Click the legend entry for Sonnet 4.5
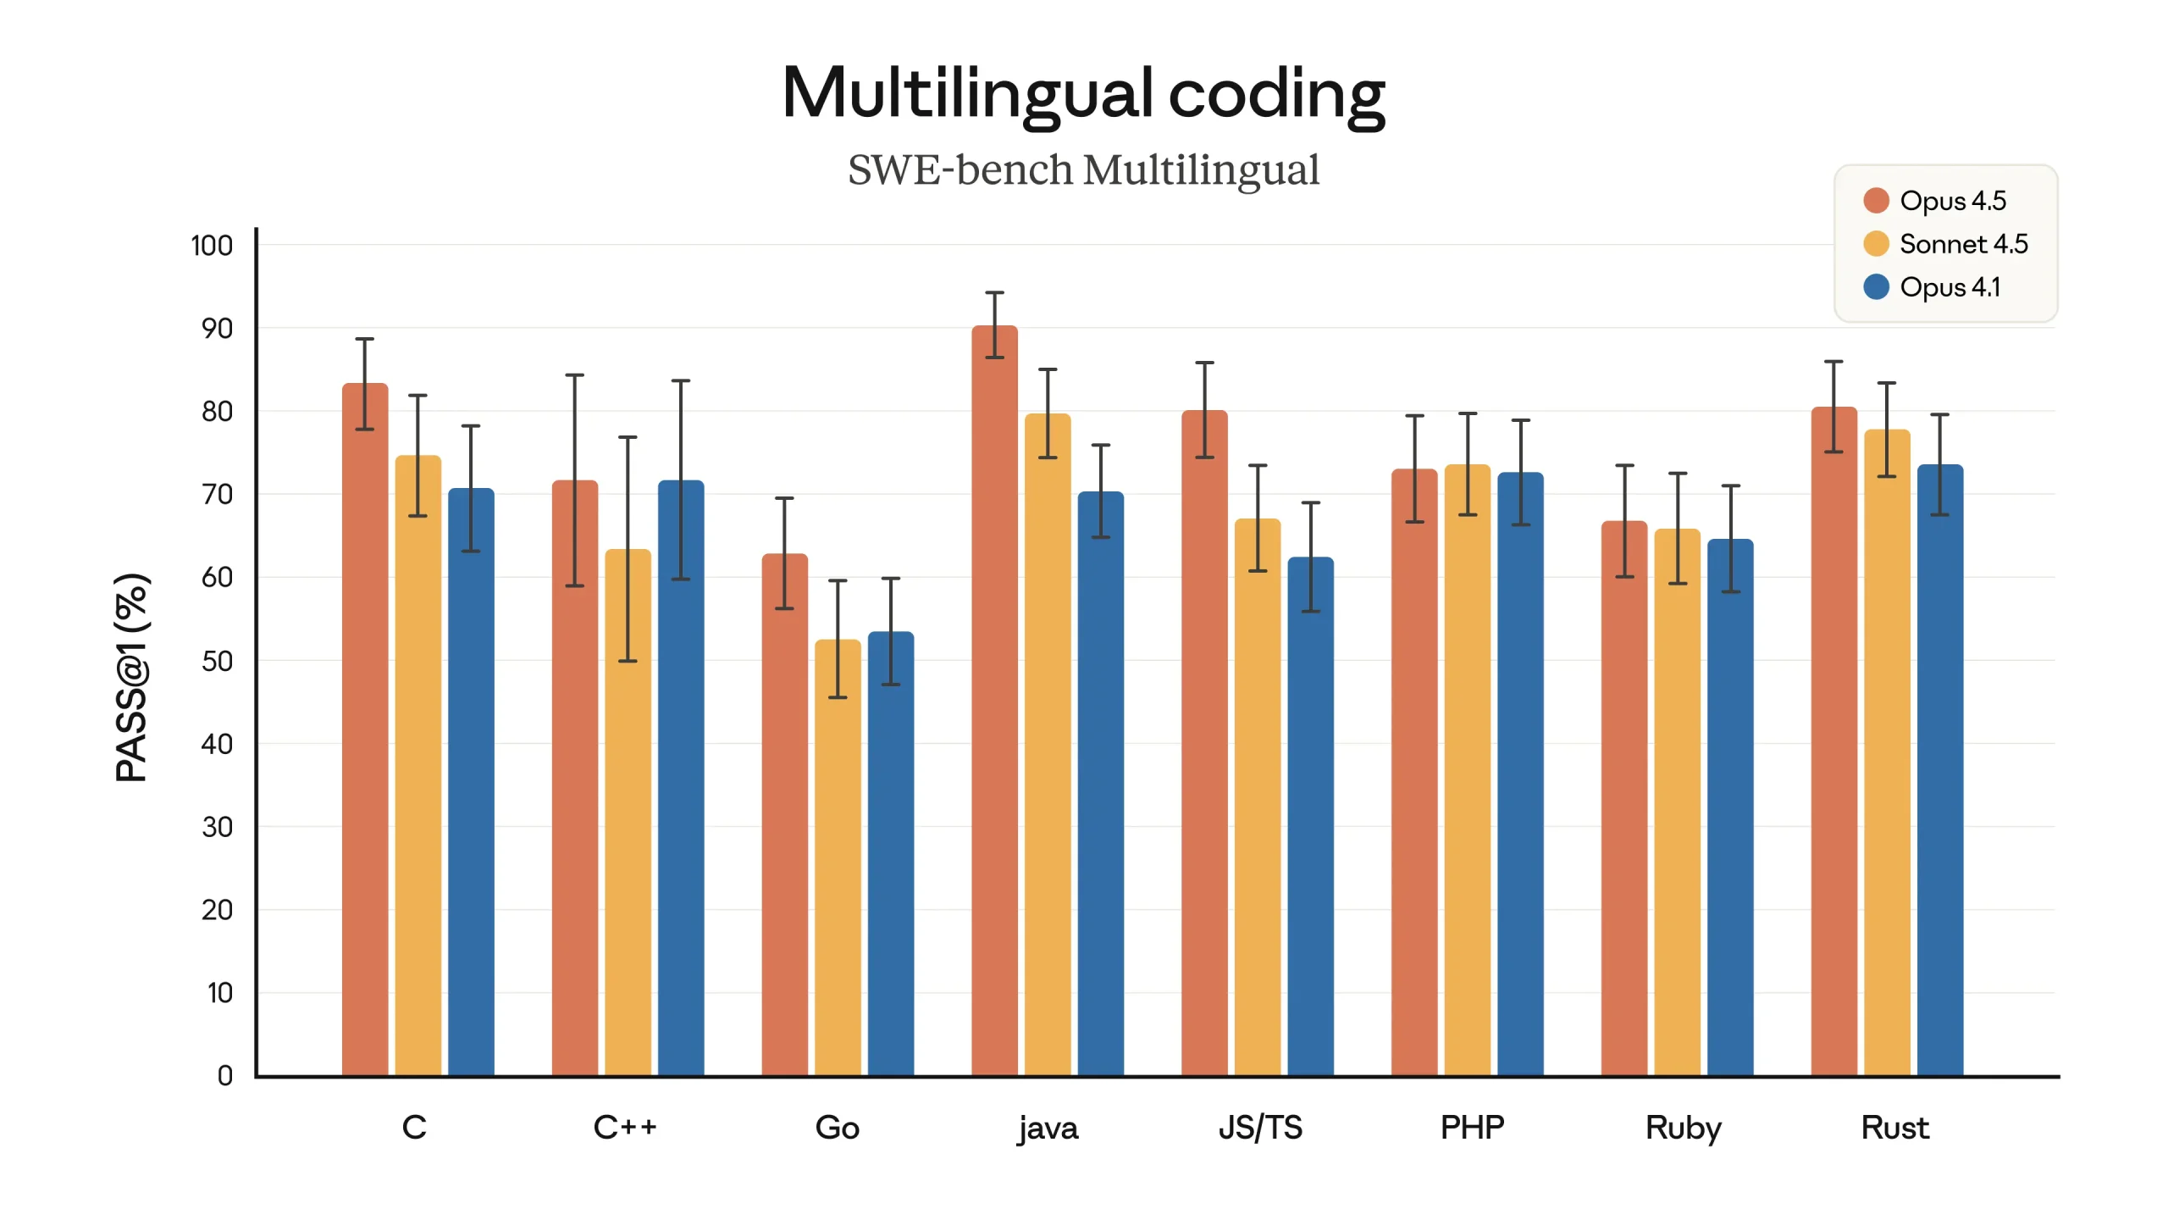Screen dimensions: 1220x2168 point(1963,244)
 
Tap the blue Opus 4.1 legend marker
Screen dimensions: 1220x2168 point(1876,287)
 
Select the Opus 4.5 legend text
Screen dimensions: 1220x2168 point(1952,201)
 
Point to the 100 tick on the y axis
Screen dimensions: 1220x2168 point(212,246)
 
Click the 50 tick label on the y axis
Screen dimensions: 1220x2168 point(217,661)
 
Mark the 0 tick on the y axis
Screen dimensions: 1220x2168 point(224,1075)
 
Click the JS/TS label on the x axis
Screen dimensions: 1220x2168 point(1259,1128)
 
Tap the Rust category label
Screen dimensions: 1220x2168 point(1894,1128)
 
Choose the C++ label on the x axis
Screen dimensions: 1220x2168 point(625,1128)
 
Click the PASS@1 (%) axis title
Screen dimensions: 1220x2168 point(132,678)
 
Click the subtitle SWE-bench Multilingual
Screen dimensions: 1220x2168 point(1083,169)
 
